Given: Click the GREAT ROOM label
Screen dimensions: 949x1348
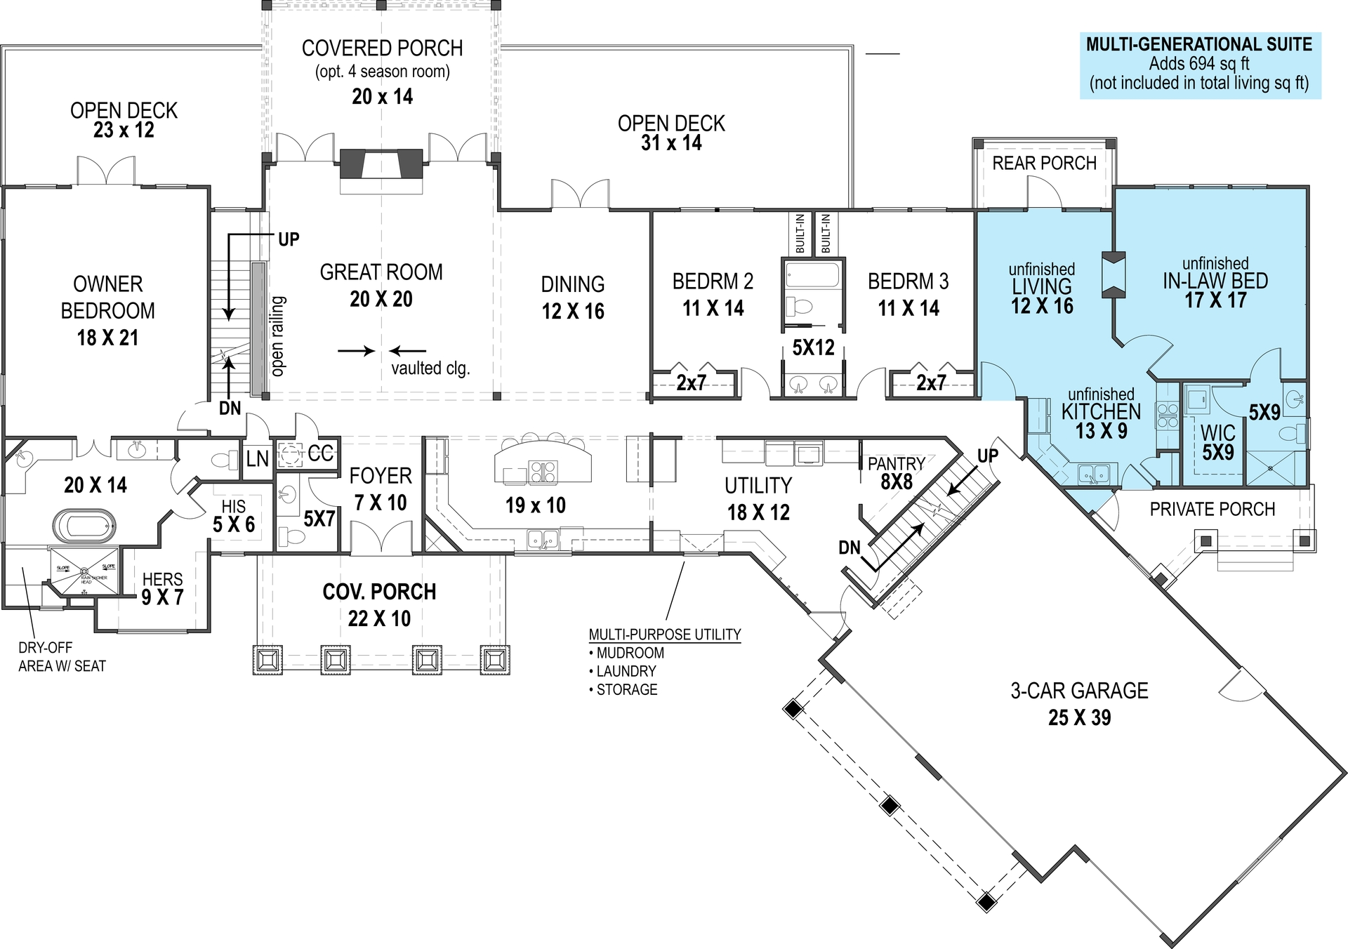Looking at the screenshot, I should click(x=381, y=272).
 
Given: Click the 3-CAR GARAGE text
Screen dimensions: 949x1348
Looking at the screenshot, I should click(x=1079, y=691).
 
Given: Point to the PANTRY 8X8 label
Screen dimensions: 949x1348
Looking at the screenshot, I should click(x=896, y=472).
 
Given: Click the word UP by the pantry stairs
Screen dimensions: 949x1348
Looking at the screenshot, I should click(x=987, y=456).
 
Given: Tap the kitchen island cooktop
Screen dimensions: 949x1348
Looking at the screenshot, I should click(x=542, y=471).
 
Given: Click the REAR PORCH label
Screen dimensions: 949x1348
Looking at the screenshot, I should click(x=1044, y=164).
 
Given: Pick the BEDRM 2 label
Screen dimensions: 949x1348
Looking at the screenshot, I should click(x=713, y=281).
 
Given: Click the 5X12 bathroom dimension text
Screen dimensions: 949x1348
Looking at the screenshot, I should click(x=813, y=347).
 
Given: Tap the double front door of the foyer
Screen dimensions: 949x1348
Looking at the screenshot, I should click(x=381, y=539).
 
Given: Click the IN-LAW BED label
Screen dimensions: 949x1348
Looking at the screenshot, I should click(x=1215, y=281).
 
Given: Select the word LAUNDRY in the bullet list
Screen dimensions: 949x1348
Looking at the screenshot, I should click(x=626, y=671).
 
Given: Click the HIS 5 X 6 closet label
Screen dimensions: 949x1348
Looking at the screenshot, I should click(x=234, y=516).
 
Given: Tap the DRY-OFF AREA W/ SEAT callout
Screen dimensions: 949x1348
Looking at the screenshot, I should click(x=62, y=657).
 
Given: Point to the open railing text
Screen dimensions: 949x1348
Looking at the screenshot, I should click(x=278, y=336).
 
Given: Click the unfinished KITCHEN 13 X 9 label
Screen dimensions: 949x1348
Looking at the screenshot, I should click(x=1101, y=413).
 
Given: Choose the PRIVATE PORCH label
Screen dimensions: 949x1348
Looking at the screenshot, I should click(x=1212, y=510).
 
